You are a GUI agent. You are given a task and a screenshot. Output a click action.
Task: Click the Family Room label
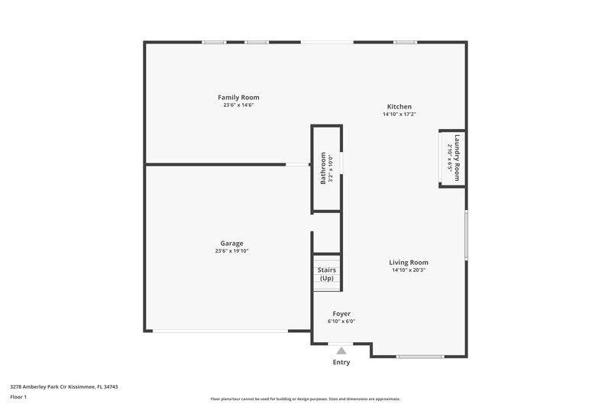[238, 98]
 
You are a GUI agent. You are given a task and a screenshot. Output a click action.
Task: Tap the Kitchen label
[399, 107]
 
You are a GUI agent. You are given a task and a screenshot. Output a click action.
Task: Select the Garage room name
[231, 244]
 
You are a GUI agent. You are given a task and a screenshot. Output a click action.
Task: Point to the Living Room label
[409, 262]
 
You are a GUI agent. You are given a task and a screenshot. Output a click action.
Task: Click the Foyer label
[341, 314]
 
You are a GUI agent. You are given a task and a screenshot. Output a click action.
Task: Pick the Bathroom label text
[323, 168]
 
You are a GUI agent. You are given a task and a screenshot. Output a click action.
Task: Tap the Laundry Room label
[457, 157]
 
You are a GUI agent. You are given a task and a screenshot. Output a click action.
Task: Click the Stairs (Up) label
[326, 274]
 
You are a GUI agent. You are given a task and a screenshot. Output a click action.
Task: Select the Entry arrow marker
[341, 350]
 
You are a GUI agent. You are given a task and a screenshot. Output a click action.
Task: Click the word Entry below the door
[341, 362]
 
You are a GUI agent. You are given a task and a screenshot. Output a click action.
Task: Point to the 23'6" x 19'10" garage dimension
[231, 251]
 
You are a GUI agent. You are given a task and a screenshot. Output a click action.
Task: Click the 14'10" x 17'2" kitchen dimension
[399, 115]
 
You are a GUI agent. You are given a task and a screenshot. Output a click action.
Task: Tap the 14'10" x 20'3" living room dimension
[409, 270]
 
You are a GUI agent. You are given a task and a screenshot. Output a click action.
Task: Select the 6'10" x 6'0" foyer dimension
[341, 321]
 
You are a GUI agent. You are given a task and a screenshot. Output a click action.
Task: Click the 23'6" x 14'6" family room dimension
[238, 105]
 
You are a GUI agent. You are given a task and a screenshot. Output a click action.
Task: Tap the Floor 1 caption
[18, 398]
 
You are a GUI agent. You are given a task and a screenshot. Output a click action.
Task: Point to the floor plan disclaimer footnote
[305, 399]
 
